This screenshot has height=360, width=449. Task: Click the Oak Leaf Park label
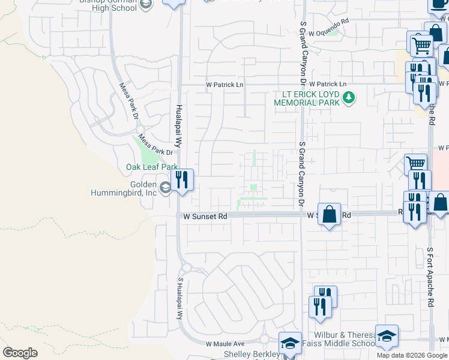[151, 167]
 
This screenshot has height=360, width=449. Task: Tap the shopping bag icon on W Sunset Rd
[329, 214]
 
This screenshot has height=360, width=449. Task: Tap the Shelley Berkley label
[252, 354]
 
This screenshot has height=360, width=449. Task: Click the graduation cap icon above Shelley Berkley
[290, 343]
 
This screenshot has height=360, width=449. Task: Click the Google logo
[20, 353]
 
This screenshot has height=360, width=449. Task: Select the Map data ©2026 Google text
[412, 355]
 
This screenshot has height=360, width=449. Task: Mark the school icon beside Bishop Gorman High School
[145, 5]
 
